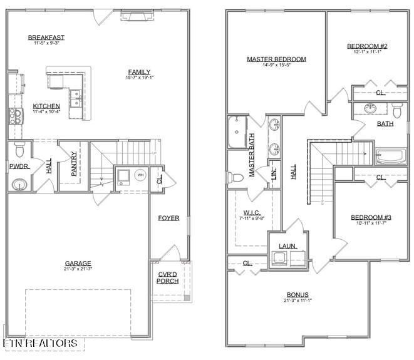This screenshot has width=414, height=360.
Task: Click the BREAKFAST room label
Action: coord(46,38)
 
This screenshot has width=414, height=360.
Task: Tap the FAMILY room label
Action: coord(140,71)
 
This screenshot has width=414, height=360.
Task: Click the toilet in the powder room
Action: coord(19,150)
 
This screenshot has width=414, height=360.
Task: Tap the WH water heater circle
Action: coord(140,175)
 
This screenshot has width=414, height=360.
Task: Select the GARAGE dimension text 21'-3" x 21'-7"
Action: coord(79,270)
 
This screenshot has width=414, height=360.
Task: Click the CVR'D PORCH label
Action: coord(167,277)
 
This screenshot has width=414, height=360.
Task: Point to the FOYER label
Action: coord(168,219)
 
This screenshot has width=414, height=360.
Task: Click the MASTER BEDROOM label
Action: coord(276,59)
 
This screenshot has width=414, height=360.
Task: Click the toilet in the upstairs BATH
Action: coord(396,111)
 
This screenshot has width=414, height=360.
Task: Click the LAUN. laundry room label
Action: coord(288,247)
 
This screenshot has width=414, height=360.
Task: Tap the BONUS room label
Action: coord(298,294)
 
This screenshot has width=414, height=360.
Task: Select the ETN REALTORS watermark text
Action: coord(40,344)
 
